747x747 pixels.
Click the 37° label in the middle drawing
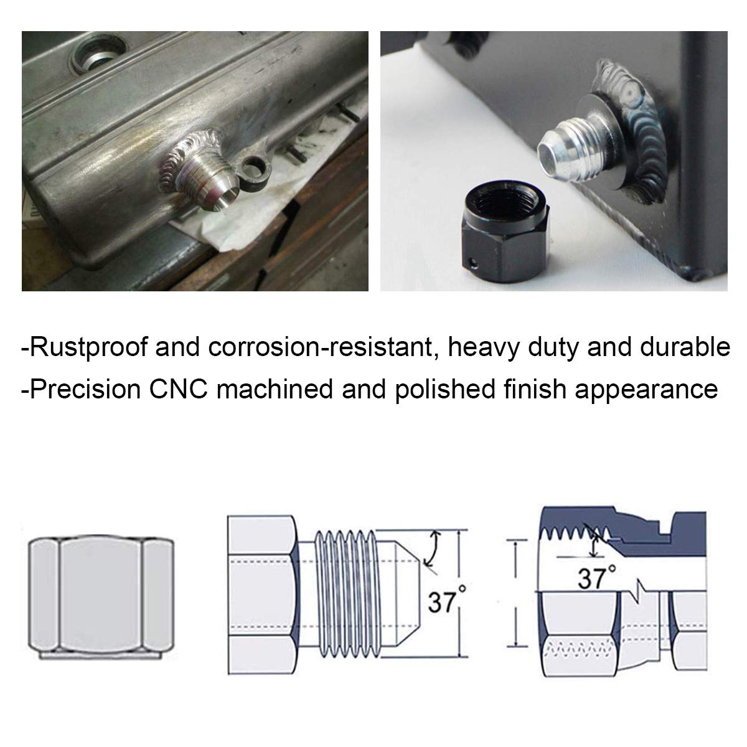click(x=443, y=602)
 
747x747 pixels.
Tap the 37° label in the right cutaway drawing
click(x=596, y=578)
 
